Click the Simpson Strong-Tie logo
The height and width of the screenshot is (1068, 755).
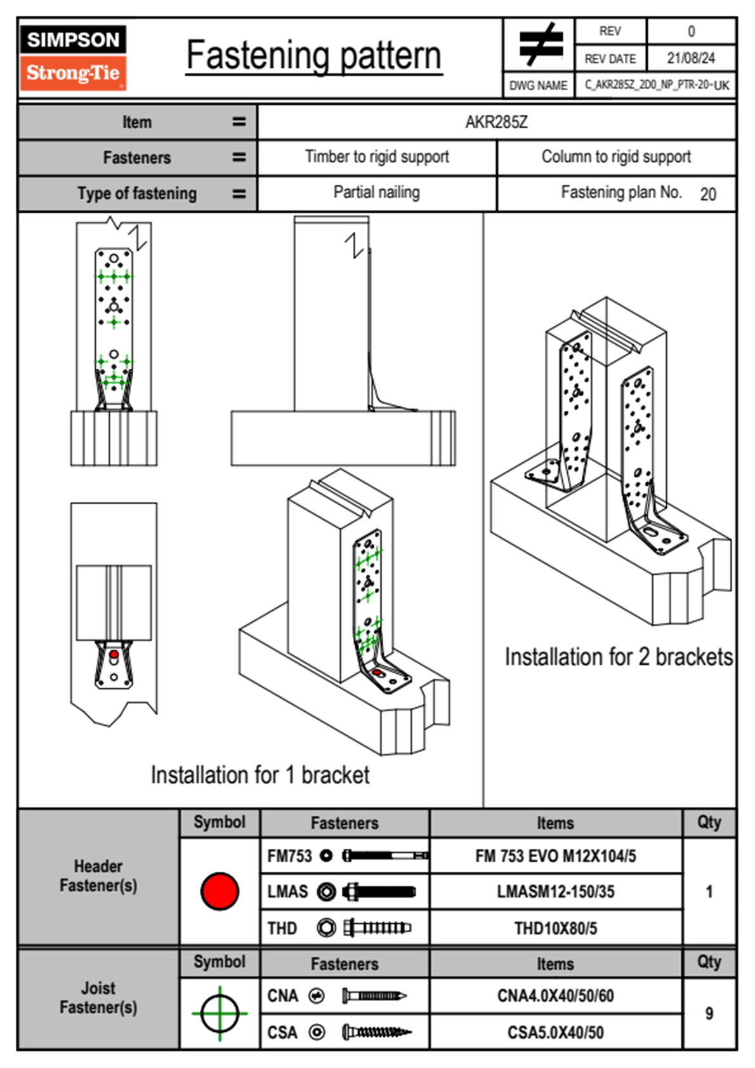73,57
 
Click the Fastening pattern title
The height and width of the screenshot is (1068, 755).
313,56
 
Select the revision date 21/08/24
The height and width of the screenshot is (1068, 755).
690,58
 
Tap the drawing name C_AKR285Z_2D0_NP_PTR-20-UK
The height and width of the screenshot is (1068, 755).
656,85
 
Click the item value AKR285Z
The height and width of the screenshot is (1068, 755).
496,122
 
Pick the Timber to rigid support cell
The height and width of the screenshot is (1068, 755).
377,157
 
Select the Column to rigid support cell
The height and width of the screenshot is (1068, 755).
616,157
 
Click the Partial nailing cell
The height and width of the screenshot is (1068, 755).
377,192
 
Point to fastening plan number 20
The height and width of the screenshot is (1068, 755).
708,194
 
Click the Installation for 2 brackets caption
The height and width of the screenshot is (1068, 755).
619,657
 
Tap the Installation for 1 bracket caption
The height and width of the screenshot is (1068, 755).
260,775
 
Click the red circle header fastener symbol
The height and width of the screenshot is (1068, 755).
220,891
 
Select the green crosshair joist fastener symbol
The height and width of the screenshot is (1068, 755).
220,1013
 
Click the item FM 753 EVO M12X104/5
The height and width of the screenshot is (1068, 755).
555,856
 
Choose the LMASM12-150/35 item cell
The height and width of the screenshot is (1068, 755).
555,891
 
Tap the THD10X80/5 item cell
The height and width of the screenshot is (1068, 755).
555,928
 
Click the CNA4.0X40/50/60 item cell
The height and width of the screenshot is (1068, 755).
555,996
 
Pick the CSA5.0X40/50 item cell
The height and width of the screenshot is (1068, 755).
555,1032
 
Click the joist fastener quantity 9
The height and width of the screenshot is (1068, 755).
709,1013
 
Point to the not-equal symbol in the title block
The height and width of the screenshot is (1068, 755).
540,44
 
